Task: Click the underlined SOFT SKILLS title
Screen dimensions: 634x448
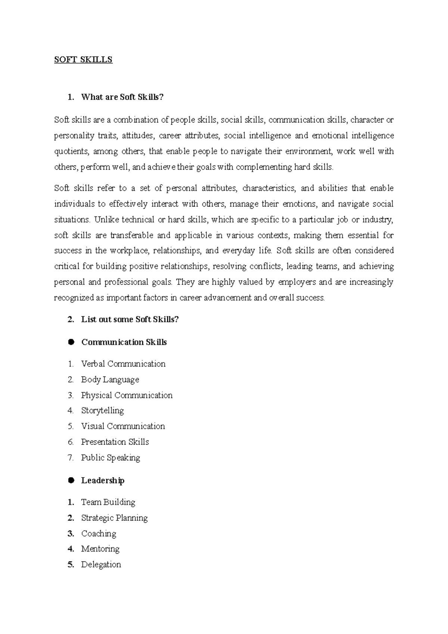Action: [x=83, y=60]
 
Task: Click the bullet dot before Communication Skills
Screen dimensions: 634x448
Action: [x=71, y=342]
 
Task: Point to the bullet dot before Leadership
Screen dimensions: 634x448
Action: [x=71, y=480]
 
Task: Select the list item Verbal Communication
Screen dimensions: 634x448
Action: [x=123, y=364]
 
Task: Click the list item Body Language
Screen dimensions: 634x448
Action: [x=110, y=380]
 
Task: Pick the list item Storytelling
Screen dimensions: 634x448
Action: [x=102, y=411]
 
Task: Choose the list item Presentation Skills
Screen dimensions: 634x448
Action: [x=115, y=442]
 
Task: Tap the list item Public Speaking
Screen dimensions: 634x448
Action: [x=111, y=458]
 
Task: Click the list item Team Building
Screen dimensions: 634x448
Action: [x=108, y=502]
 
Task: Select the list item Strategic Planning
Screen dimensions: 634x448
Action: [x=114, y=518]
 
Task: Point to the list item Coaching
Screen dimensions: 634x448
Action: [x=99, y=534]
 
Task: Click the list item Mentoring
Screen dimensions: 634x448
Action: [x=100, y=549]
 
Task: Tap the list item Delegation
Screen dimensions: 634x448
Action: [x=101, y=565]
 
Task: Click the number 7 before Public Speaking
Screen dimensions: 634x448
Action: [x=71, y=458]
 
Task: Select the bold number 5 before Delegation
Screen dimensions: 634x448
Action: [x=71, y=565]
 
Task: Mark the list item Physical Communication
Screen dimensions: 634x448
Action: [x=127, y=395]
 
